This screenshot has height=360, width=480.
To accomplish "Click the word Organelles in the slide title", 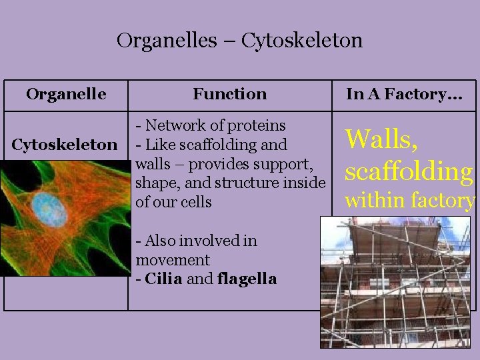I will pos(167,41).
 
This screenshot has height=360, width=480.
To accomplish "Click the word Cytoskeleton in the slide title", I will pos(302,41).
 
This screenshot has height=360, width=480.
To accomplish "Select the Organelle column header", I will pos(66,94).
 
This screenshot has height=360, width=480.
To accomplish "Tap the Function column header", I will pos(229,94).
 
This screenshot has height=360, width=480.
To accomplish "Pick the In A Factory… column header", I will pos(403,94).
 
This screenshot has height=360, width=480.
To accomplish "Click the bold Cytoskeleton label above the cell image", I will pos(65,145).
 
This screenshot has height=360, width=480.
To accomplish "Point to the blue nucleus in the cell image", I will pos(50,211).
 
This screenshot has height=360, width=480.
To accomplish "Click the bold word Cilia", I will pos(163,279).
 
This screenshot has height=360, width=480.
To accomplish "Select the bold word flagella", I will pos(247,279).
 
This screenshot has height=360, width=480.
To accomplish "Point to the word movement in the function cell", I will pos(173,260).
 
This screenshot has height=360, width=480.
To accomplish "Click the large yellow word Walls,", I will pos(381,139).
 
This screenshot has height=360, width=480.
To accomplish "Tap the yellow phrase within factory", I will pos(410,200).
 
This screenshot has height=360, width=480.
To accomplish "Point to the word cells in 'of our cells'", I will pos(195,202).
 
